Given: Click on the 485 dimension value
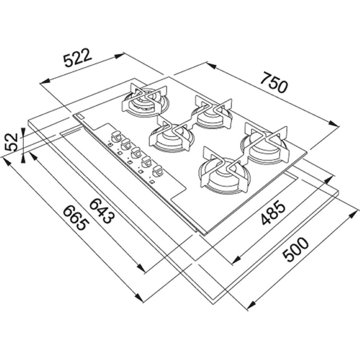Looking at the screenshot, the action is [273, 213].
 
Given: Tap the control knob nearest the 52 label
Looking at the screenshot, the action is [116, 136].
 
